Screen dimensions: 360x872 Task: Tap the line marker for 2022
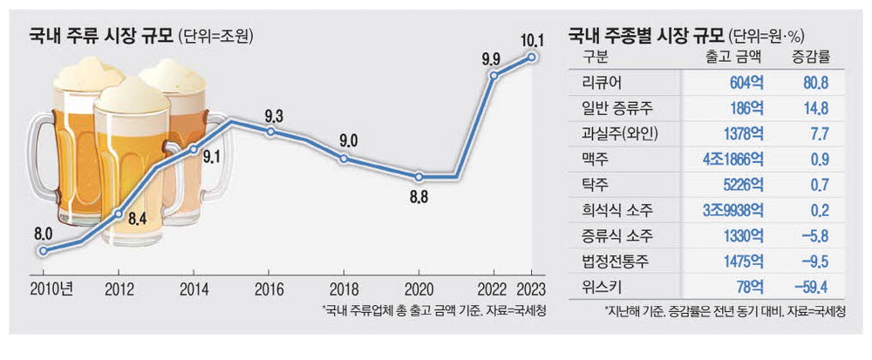pyautogui.click(x=494, y=76)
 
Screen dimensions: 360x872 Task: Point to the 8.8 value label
pyautogui.click(x=419, y=198)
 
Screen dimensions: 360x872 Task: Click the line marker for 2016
pyautogui.click(x=270, y=132)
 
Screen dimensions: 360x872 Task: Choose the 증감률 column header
pyautogui.click(x=797, y=57)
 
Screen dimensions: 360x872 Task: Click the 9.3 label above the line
pyautogui.click(x=270, y=114)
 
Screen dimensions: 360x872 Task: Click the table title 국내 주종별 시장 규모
pyautogui.click(x=644, y=35)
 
